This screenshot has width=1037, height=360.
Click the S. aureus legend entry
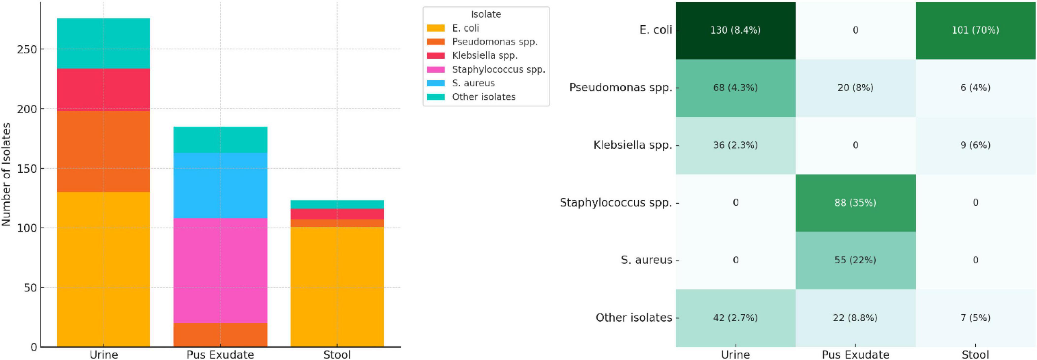[x=473, y=83]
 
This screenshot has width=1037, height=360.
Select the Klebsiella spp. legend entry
[x=484, y=56]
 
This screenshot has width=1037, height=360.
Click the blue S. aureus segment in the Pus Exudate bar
[x=220, y=185]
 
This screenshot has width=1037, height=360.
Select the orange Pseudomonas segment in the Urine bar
[x=103, y=151]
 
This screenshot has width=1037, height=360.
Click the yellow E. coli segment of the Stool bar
[x=337, y=287]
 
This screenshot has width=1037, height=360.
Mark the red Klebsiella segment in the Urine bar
[x=103, y=89]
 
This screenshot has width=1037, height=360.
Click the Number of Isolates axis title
[x=6, y=174]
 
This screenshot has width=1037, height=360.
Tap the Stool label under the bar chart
[x=337, y=354]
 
